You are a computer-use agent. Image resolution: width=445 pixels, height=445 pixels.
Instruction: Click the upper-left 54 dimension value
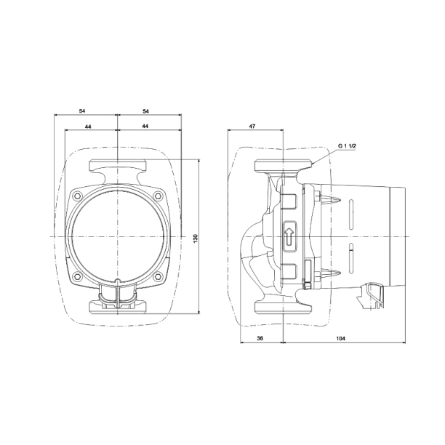[x=81, y=111]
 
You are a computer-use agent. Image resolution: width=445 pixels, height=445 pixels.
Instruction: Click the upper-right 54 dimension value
[x=145, y=111]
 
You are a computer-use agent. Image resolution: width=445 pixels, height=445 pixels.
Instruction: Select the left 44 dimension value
[x=88, y=127]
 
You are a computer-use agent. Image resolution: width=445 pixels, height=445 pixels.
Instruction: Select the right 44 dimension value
[x=145, y=127]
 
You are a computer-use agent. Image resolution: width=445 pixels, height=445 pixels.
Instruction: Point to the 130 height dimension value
[x=196, y=238]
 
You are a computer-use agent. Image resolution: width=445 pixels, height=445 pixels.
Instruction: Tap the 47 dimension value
[x=252, y=127]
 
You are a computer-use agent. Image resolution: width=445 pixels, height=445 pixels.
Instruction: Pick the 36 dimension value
[x=260, y=338]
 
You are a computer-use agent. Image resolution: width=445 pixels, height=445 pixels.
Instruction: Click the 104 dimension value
[x=340, y=338]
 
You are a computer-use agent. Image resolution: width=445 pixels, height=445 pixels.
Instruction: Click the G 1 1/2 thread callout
[x=347, y=146]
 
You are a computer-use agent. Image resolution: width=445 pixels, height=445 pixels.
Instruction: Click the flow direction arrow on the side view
[x=289, y=236]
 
